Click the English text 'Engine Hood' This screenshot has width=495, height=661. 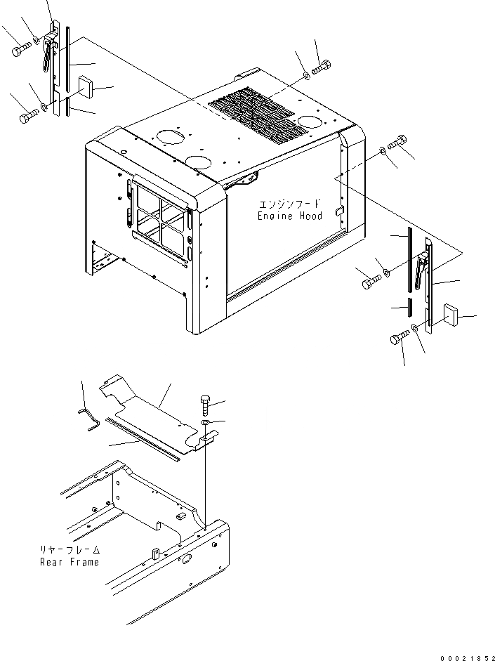click(x=289, y=216)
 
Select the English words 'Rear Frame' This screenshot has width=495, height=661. click(x=70, y=562)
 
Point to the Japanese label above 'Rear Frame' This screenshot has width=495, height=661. click(x=70, y=551)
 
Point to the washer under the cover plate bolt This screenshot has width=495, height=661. click(x=203, y=424)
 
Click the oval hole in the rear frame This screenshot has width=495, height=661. click(x=187, y=560)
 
